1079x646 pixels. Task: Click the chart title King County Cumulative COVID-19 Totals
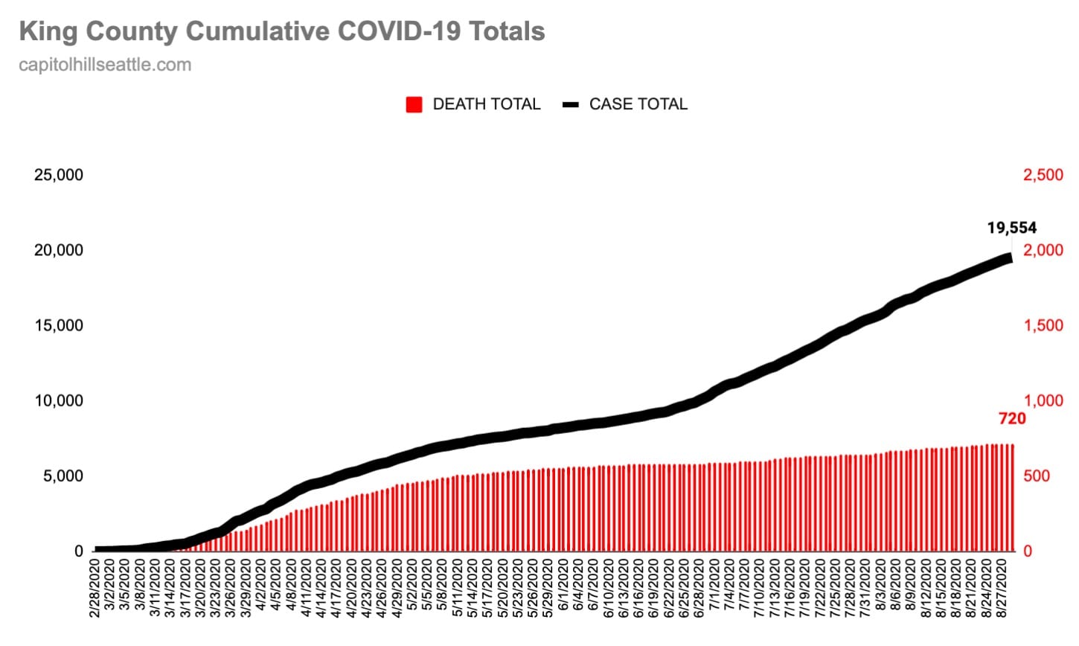(281, 31)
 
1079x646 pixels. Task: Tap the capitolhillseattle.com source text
(105, 65)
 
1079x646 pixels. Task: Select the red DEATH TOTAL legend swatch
(414, 104)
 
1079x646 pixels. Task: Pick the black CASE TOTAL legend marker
(571, 104)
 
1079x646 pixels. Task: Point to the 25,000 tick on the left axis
(59, 175)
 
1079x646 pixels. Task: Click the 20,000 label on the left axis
(59, 250)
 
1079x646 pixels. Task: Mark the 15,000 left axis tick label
(59, 325)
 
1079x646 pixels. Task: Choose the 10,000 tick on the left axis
(59, 400)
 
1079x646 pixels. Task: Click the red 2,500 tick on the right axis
(1043, 175)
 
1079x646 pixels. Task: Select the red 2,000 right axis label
(1043, 250)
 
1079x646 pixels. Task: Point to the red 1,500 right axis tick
(1043, 325)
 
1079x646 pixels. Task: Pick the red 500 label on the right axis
(1037, 476)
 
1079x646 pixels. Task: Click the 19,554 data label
(1011, 228)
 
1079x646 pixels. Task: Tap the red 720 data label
(1012, 419)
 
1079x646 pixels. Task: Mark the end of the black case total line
(1009, 258)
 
